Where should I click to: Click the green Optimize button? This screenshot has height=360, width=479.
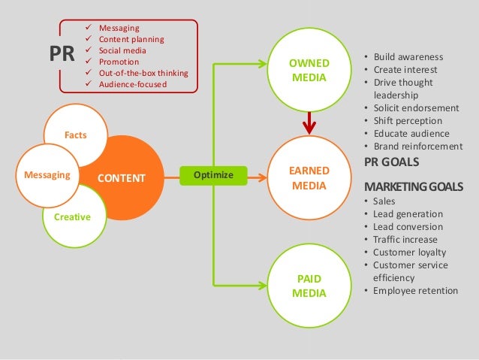(213, 175)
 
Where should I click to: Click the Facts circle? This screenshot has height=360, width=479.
(76, 135)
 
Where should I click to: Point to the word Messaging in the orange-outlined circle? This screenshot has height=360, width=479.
(47, 175)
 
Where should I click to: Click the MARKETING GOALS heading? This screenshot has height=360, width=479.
(413, 186)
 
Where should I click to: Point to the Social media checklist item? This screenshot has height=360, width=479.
(125, 50)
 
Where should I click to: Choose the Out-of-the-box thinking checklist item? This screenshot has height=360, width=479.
(143, 73)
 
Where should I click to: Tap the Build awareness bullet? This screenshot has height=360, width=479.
(408, 57)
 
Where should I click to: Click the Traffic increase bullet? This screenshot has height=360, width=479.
(407, 239)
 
